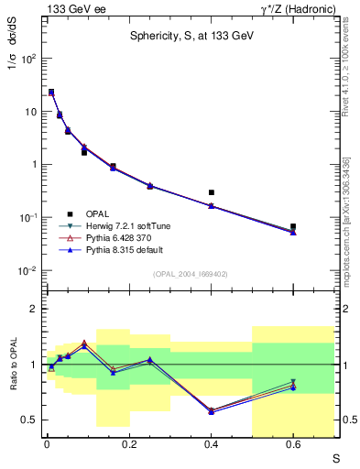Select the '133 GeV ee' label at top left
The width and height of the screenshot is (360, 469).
(71, 9)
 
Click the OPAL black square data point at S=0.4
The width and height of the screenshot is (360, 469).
(212, 192)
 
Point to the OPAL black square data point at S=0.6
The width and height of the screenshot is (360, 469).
(293, 226)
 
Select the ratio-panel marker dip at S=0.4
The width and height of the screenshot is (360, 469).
(212, 410)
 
